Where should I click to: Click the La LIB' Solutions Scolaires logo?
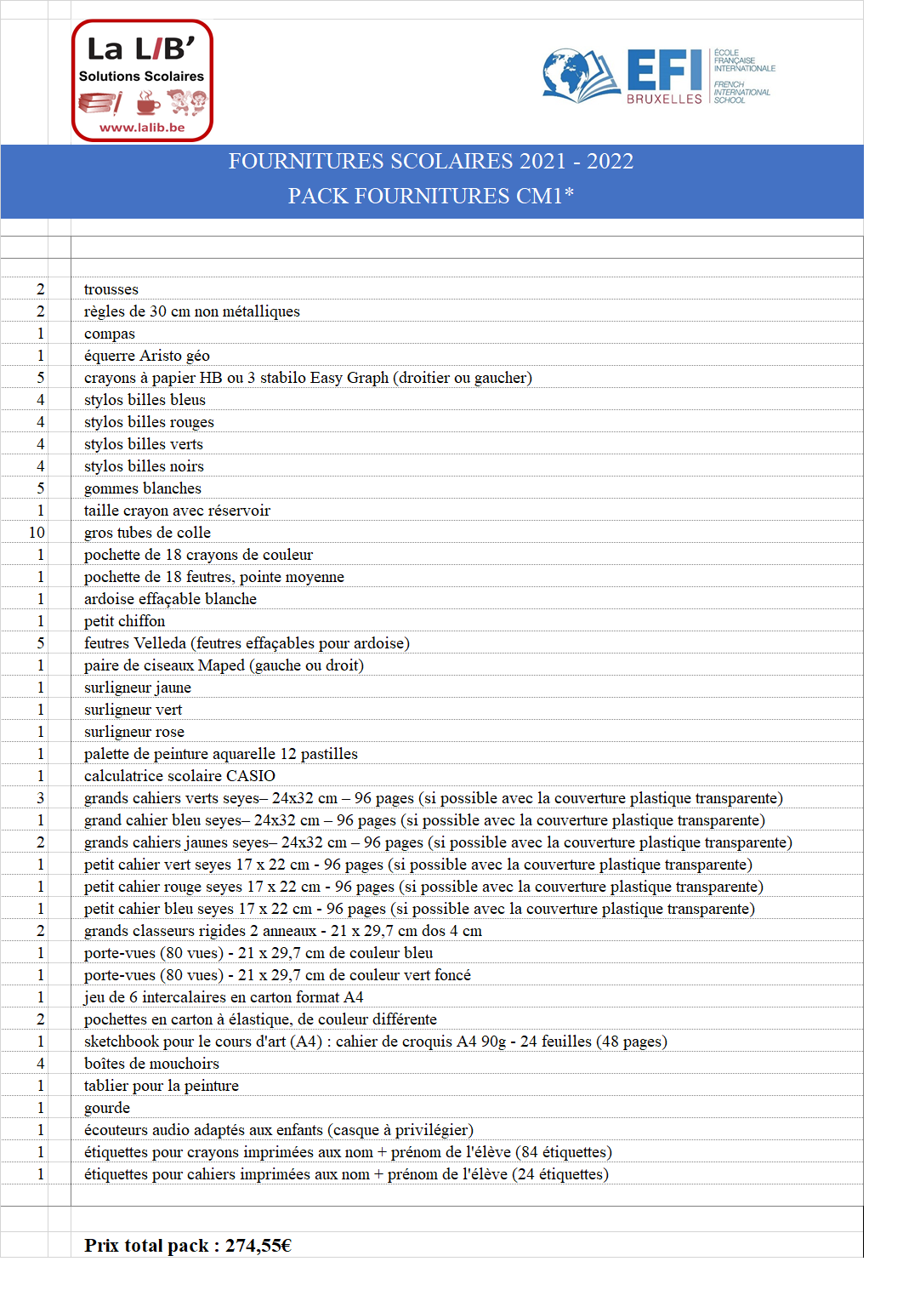(x=142, y=80)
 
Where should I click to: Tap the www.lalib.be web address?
(x=142, y=128)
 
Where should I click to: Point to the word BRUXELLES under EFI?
(x=664, y=100)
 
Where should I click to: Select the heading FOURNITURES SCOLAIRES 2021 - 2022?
(x=431, y=161)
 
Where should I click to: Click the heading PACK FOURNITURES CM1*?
(x=431, y=196)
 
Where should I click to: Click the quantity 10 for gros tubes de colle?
(x=37, y=533)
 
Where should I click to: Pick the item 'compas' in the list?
(x=110, y=334)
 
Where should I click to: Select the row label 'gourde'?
(x=107, y=1108)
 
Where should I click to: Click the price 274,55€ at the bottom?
(x=258, y=1246)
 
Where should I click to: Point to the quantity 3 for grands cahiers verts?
(x=40, y=798)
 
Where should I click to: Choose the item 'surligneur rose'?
(x=134, y=732)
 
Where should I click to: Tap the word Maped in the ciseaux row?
(x=221, y=665)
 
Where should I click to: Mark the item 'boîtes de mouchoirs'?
(x=151, y=1064)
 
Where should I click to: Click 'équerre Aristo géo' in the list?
(x=147, y=356)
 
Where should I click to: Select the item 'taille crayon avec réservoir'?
(x=177, y=511)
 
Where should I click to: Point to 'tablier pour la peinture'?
(x=162, y=1086)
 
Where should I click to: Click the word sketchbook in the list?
(x=121, y=1042)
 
